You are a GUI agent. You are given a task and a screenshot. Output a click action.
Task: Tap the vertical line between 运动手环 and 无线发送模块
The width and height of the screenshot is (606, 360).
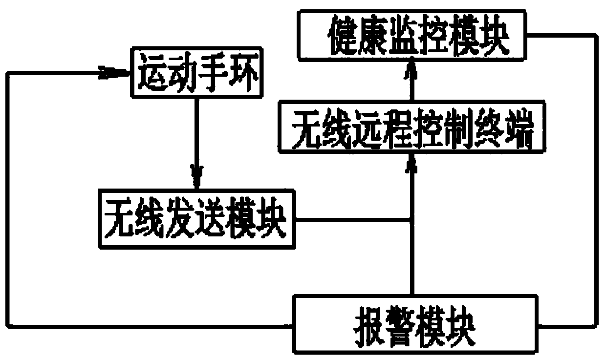click(x=197, y=132)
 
